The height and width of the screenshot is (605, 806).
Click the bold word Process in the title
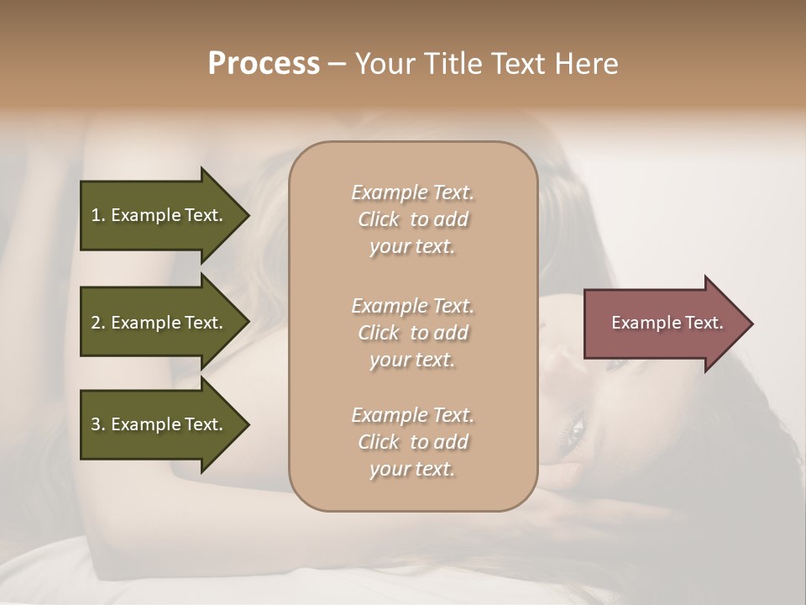[264, 64]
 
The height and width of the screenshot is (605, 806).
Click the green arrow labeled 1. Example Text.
[160, 215]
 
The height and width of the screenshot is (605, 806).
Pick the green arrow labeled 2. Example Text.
[160, 323]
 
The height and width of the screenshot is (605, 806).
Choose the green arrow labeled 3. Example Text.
[160, 424]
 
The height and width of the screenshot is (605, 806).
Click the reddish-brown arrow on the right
[663, 323]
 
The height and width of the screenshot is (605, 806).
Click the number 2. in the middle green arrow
[98, 323]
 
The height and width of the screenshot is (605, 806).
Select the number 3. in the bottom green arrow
[98, 424]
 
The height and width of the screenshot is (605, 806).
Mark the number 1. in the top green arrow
[98, 215]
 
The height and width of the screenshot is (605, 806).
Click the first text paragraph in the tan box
[412, 219]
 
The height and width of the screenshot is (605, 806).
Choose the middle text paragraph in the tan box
[412, 333]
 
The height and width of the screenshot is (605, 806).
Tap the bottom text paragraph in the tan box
[412, 442]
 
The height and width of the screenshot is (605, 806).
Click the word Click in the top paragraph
[379, 219]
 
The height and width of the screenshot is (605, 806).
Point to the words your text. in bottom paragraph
[412, 469]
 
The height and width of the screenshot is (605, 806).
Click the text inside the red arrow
[667, 323]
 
